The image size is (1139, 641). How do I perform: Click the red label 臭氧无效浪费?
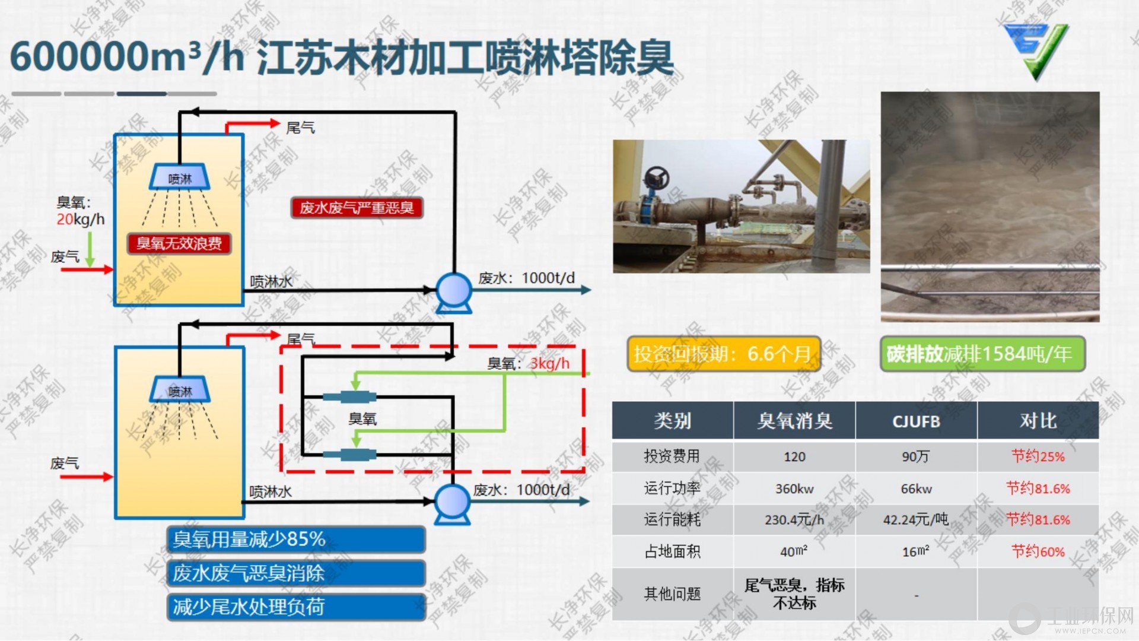click(179, 243)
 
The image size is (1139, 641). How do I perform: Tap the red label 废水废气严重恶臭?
click(357, 208)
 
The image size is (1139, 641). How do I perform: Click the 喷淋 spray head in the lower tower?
click(180, 390)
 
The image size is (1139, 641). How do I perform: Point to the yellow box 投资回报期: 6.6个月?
click(723, 354)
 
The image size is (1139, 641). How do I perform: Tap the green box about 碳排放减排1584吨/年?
click(982, 354)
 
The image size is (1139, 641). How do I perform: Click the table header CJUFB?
click(916, 421)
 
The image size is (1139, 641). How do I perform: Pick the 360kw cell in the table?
click(794, 489)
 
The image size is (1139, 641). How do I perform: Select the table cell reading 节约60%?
click(1038, 551)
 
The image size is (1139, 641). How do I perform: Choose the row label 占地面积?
click(672, 552)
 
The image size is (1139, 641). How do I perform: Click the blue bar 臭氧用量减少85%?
click(296, 539)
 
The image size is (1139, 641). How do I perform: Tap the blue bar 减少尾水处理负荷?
click(296, 607)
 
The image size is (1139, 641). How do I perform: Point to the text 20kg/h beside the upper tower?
click(81, 220)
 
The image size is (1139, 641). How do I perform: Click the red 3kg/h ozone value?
click(549, 363)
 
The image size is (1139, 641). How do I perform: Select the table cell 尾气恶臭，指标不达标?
click(794, 594)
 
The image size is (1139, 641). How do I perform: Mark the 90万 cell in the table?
click(916, 456)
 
